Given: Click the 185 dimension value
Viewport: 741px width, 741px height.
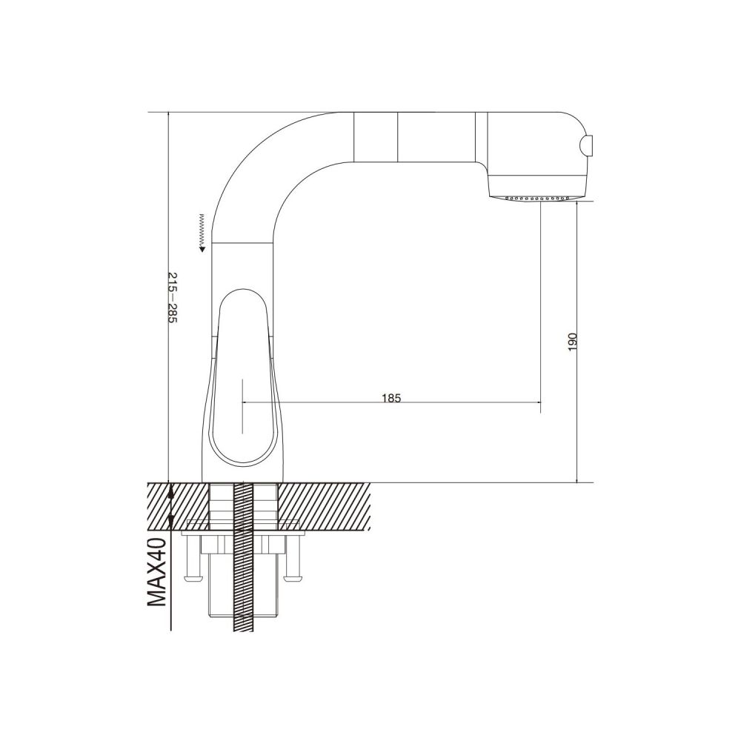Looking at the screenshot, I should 391,398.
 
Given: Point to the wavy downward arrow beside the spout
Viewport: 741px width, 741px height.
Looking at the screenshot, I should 202,232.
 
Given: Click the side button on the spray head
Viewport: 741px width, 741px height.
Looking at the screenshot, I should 587,144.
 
